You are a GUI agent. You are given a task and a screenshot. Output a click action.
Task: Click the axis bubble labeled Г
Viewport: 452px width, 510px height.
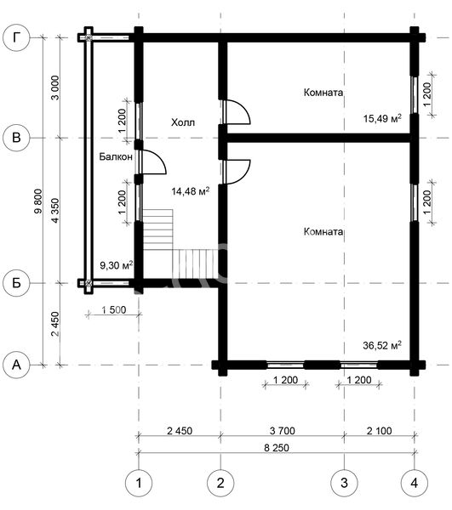coord(16,37)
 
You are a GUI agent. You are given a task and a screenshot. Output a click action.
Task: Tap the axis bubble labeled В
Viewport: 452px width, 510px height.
coord(16,138)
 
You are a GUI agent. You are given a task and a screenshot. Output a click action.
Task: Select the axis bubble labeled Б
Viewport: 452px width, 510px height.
coord(16,283)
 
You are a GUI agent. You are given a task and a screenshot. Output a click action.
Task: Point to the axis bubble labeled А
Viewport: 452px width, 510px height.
coord(16,365)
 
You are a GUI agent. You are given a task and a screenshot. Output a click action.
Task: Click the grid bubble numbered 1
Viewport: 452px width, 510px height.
coord(139,483)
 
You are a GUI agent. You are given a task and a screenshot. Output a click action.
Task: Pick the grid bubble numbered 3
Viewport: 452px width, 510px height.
coord(344,483)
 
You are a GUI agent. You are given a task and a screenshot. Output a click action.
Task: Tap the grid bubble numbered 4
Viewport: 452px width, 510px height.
coord(415,483)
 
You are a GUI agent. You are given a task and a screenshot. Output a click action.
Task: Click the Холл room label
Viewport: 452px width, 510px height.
coord(183,122)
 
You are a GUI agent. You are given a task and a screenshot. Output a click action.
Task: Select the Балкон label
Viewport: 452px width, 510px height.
coord(116,156)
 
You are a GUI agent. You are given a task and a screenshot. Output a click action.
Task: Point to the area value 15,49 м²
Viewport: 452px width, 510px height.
coord(382,118)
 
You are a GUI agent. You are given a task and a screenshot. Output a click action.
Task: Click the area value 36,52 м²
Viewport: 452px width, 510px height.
coord(382,345)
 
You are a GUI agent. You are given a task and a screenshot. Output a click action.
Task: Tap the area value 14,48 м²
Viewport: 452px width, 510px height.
coord(191,191)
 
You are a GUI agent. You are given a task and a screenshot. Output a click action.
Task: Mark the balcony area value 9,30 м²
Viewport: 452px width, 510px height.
coord(117,265)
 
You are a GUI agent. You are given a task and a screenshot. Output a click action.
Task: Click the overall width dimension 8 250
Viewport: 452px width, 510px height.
coord(277,448)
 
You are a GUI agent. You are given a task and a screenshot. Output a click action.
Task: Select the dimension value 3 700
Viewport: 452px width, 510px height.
coord(283,431)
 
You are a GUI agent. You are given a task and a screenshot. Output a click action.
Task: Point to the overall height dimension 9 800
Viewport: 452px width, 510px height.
coord(38,201)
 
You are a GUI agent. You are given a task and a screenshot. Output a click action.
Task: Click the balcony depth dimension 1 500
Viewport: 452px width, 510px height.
coord(114,310)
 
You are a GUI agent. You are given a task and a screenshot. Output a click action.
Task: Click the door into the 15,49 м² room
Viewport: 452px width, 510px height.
coord(237,112)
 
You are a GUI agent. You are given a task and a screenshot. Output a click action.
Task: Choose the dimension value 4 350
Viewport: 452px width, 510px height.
coord(55,211)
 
